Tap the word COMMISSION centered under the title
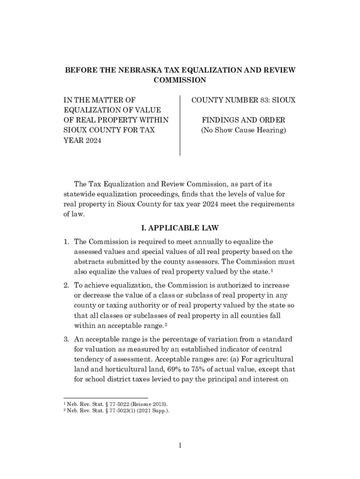coord(180,80)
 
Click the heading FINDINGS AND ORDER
coord(243,120)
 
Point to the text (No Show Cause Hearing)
coord(243,130)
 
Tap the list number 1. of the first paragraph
coord(67,242)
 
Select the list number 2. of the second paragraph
coord(67,285)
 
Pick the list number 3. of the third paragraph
coord(67,339)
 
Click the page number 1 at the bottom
coord(180,445)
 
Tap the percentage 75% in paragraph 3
coord(194,370)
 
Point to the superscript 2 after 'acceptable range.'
coord(166,324)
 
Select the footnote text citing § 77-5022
coord(117,403)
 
